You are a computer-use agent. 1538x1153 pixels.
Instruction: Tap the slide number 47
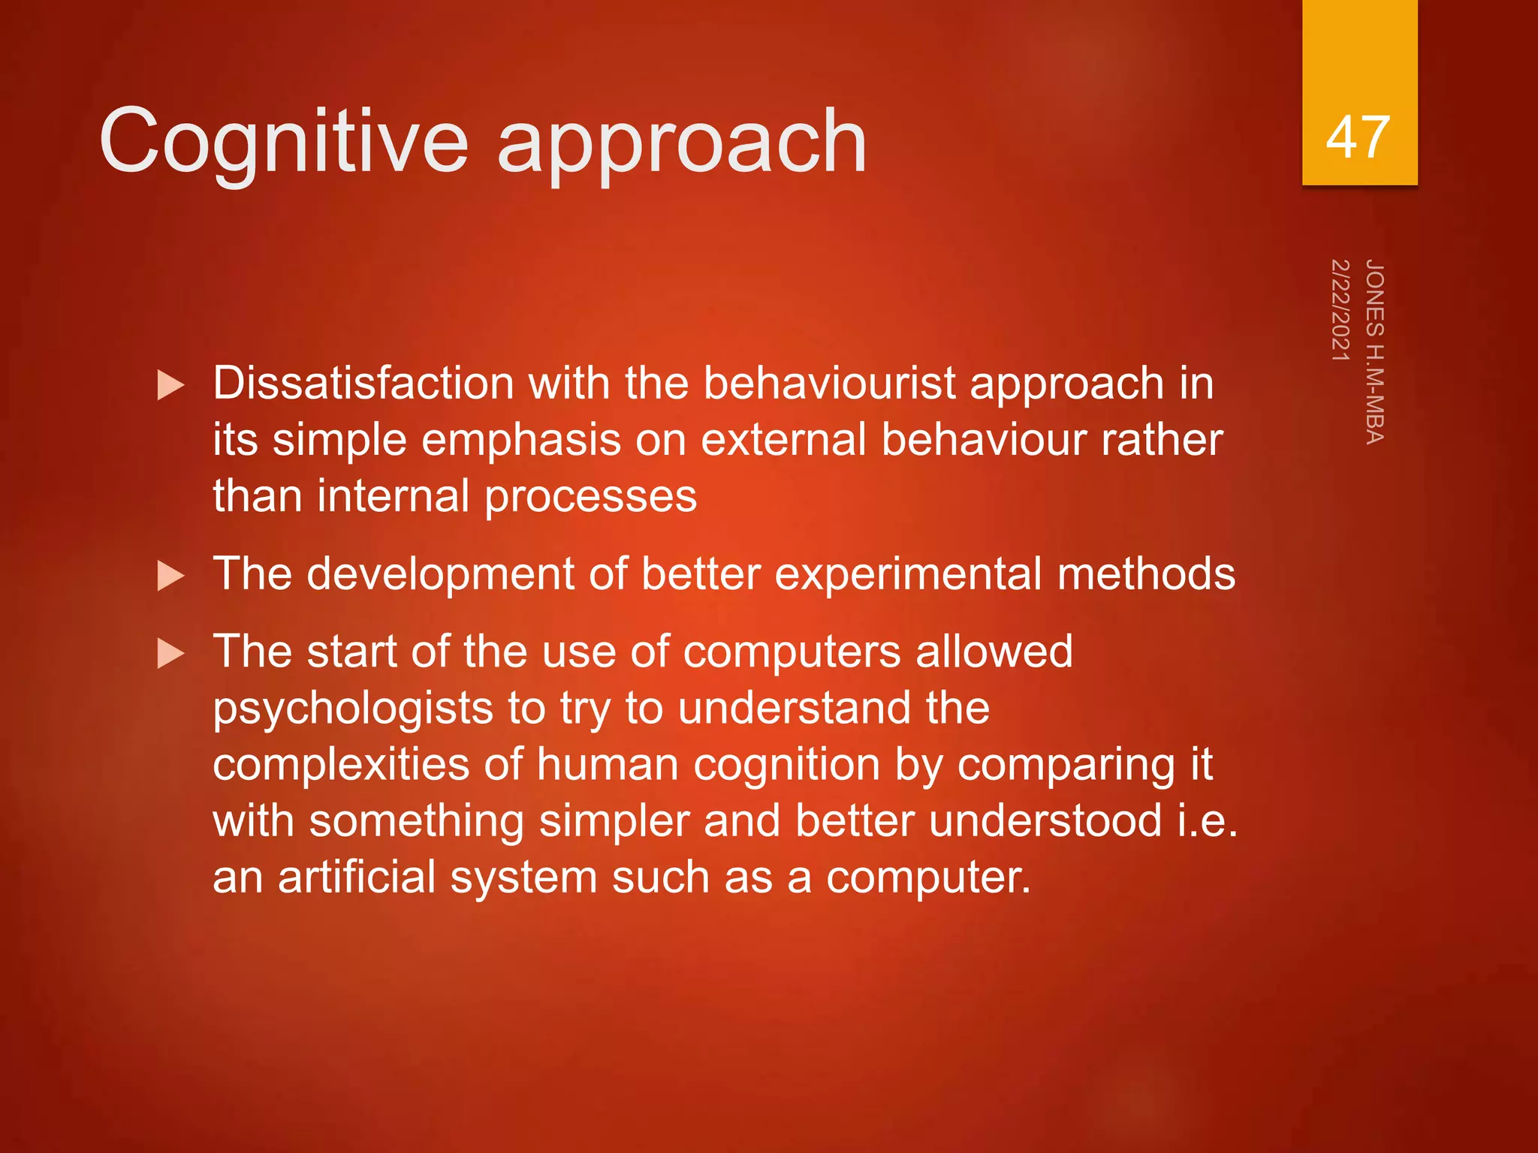(x=1359, y=137)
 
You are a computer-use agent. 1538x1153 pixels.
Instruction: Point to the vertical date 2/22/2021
(x=1340, y=310)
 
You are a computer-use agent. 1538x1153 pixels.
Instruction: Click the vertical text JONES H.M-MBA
(x=1374, y=351)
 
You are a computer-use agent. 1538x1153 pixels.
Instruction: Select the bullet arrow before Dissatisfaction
(x=170, y=386)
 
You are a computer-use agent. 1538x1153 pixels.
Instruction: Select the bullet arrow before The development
(x=170, y=576)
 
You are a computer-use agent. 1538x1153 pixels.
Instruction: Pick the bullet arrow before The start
(x=170, y=654)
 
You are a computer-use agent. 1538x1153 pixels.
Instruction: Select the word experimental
(x=908, y=574)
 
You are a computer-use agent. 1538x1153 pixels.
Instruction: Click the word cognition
(x=786, y=765)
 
